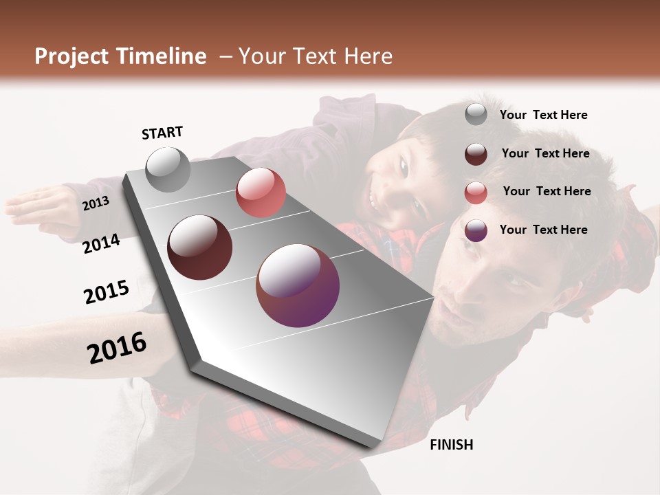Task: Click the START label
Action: [162, 133]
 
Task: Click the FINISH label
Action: [451, 445]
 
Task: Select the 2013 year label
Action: [96, 203]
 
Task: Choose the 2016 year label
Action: [117, 348]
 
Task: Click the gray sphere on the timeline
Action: [168, 170]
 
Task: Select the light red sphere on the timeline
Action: [261, 192]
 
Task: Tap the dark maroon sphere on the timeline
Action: [199, 247]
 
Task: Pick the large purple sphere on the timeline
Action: [298, 285]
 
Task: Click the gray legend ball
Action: [476, 115]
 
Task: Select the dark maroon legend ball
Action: [476, 154]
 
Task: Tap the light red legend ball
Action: [476, 192]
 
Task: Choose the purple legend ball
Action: [476, 230]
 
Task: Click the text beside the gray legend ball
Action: [543, 115]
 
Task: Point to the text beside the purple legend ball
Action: [543, 230]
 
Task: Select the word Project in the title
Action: [72, 56]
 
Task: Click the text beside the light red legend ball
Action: [547, 191]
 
